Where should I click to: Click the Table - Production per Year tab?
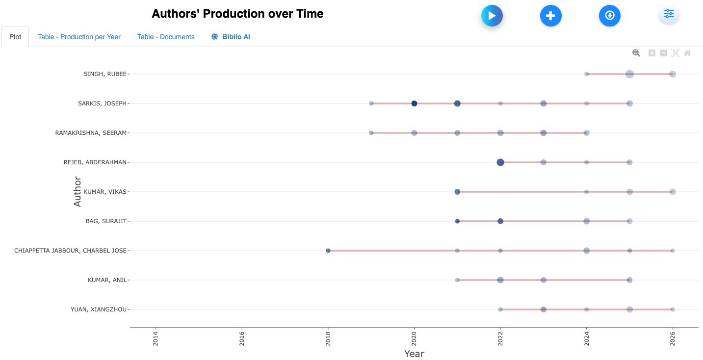pyautogui.click(x=79, y=37)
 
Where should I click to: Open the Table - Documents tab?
pyautogui.click(x=166, y=37)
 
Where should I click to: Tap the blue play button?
pyautogui.click(x=492, y=16)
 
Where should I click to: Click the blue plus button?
pyautogui.click(x=550, y=16)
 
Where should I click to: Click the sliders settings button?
pyautogui.click(x=669, y=14)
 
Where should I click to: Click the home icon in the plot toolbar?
pyautogui.click(x=687, y=53)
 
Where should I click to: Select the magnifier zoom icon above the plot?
pyautogui.click(x=636, y=53)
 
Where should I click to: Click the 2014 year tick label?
pyautogui.click(x=156, y=340)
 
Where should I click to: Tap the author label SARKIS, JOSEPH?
pyautogui.click(x=102, y=103)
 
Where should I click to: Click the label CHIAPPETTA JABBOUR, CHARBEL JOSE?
pyautogui.click(x=71, y=251)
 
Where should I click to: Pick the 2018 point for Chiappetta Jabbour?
pyautogui.click(x=328, y=251)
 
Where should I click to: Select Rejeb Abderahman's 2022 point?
pyautogui.click(x=500, y=162)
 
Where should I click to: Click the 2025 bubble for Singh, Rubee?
pyautogui.click(x=629, y=74)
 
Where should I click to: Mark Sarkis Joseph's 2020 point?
pyautogui.click(x=414, y=103)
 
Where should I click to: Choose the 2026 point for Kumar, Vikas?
pyautogui.click(x=673, y=192)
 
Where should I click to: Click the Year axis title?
pyautogui.click(x=414, y=354)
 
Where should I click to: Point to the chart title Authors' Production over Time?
pyautogui.click(x=237, y=14)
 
